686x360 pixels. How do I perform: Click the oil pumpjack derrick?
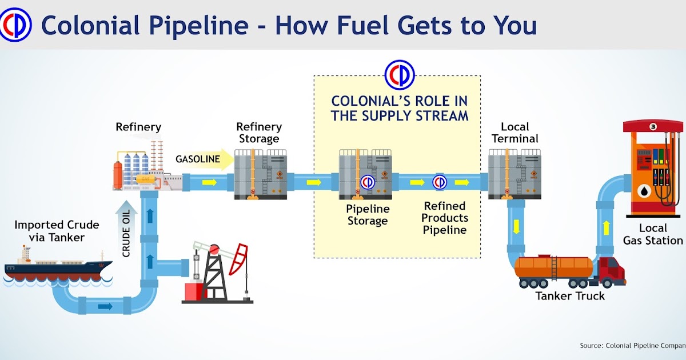tap(217, 274)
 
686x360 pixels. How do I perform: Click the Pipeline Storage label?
tap(368, 215)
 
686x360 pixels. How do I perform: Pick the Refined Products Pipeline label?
tap(445, 218)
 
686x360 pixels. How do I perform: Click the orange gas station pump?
tap(652, 166)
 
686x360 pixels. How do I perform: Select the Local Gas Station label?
tap(653, 234)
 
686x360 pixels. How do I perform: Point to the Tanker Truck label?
tap(570, 296)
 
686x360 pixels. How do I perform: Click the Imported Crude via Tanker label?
tap(57, 231)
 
